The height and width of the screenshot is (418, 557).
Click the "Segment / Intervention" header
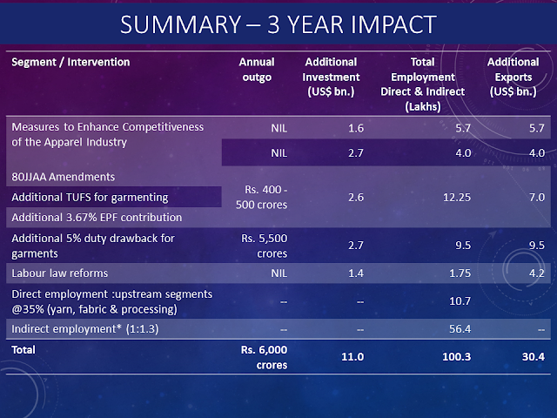click(x=70, y=63)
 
